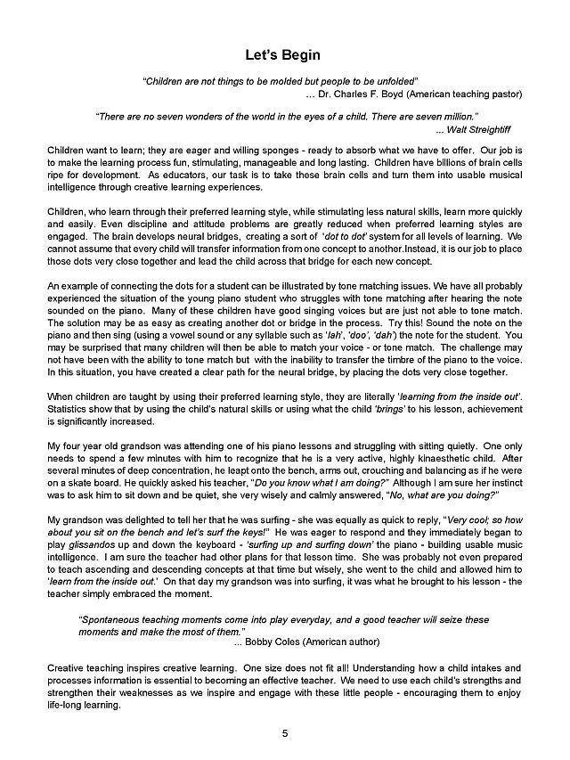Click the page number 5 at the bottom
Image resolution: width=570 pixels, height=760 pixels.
tap(285, 734)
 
